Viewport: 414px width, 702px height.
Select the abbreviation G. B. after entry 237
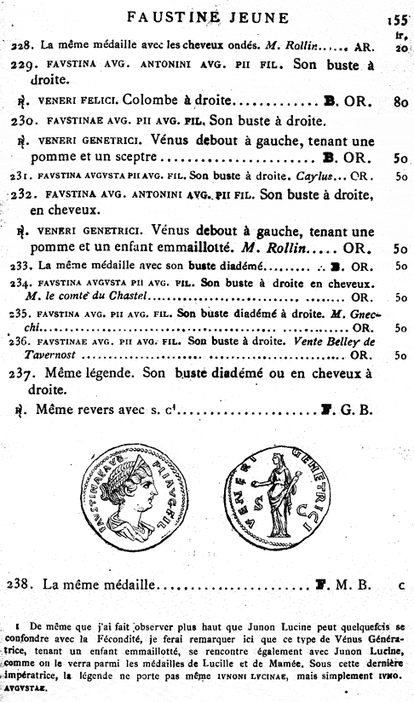coord(358,410)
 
